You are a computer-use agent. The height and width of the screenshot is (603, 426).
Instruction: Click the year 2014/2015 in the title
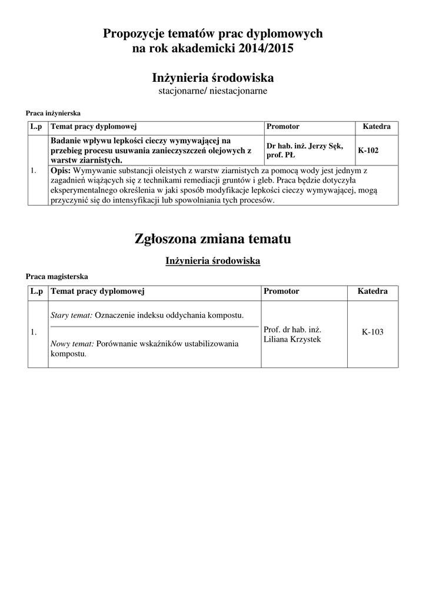[266, 49]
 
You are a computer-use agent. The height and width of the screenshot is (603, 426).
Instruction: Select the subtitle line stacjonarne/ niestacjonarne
[212, 91]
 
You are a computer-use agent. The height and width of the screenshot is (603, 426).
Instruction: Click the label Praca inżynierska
[53, 113]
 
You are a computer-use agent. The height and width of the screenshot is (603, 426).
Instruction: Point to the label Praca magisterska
[56, 276]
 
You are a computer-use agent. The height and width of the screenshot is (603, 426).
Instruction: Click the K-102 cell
[368, 151]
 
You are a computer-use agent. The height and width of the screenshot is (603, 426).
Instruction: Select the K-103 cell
[372, 332]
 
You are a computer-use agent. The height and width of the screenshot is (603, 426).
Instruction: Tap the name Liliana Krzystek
[292, 340]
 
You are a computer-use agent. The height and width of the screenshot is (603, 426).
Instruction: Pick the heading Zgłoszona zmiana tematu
[212, 238]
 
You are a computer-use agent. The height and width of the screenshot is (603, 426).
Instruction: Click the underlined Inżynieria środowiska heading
[212, 260]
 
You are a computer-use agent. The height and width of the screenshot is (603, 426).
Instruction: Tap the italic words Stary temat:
[72, 315]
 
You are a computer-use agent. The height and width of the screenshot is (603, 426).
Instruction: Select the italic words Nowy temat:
[72, 344]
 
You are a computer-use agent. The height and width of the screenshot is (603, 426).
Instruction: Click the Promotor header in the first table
[283, 127]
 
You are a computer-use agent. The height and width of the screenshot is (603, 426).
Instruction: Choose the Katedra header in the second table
[372, 291]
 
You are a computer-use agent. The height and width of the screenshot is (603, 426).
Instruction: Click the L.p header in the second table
[37, 291]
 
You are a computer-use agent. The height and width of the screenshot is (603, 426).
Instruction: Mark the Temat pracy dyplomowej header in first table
[94, 127]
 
